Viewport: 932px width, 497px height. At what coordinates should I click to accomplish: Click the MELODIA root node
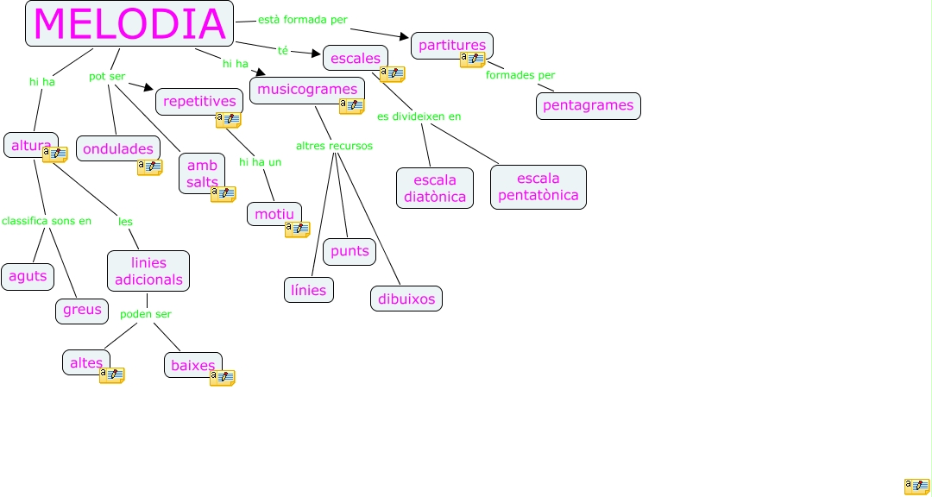129,23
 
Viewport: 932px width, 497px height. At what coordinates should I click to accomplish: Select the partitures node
451,45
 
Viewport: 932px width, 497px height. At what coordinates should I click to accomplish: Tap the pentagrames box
588,105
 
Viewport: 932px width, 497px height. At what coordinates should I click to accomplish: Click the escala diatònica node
435,188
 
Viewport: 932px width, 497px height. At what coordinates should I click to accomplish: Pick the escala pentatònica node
538,187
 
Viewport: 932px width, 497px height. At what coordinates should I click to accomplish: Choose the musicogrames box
306,90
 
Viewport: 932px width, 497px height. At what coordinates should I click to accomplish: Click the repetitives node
198,101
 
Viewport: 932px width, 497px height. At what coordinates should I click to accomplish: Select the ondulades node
117,148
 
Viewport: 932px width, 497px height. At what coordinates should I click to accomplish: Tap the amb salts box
202,173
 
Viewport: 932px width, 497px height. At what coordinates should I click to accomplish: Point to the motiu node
274,214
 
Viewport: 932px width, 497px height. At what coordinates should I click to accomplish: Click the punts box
349,251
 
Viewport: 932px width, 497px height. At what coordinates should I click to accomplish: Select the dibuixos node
406,299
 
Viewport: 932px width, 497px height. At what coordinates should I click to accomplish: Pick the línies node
309,291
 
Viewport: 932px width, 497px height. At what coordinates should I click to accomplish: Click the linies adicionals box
148,271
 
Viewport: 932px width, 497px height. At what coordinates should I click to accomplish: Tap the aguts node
28,276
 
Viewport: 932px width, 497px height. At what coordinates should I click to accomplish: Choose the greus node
82,310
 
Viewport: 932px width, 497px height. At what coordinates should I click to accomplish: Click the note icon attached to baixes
223,377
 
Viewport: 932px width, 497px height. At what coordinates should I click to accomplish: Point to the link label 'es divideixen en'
419,116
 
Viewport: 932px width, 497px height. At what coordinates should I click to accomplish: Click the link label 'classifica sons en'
47,221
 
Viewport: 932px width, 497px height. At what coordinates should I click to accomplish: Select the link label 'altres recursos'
334,146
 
